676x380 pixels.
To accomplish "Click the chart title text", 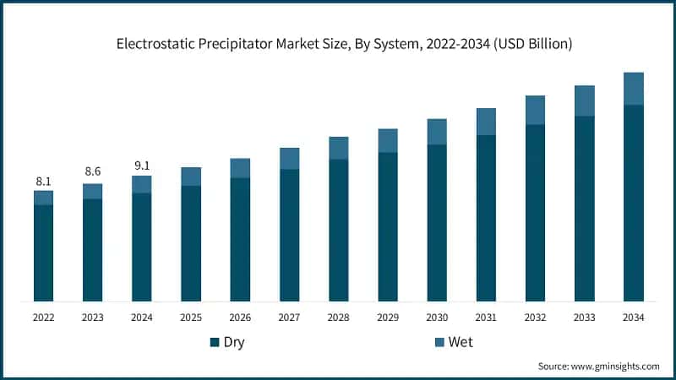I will tap(338, 44).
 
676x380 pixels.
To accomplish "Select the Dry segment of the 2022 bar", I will tap(43, 252).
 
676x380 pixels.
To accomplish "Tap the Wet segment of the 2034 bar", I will tap(633, 89).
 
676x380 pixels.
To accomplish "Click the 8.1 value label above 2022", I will tap(43, 181).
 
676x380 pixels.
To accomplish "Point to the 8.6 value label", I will tap(92, 171).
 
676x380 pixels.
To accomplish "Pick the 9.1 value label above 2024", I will tap(141, 166).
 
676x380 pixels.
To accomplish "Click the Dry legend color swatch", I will tap(215, 342).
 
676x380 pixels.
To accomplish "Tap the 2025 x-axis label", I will tap(191, 317).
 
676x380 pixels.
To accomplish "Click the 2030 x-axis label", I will tap(436, 317).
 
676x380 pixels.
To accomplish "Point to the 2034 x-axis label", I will tap(633, 317).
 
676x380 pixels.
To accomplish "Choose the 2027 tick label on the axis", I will tap(289, 317).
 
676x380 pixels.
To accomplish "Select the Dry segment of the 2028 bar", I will tap(338, 230).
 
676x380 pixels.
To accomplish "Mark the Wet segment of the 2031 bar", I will tap(486, 122).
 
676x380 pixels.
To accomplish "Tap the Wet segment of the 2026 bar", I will tap(240, 168).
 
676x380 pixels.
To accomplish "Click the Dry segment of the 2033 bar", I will tap(584, 208).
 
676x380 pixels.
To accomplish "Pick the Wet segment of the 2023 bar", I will tap(92, 192).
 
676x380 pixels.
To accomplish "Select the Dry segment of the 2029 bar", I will tap(387, 226).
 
